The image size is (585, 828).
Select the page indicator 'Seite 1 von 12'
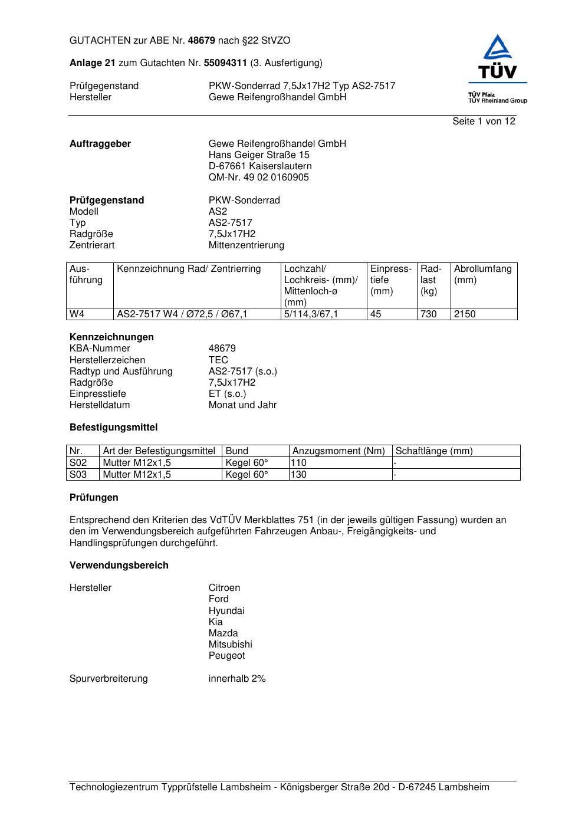click(x=484, y=121)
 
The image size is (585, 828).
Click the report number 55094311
click(x=225, y=63)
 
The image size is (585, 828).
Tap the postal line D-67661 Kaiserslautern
click(x=260, y=166)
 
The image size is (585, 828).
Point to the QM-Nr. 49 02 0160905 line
click(x=258, y=178)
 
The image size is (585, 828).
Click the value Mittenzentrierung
click(x=246, y=245)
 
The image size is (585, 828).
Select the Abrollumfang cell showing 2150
click(x=465, y=314)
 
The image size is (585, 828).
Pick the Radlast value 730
click(x=428, y=314)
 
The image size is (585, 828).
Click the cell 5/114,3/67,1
click(x=311, y=314)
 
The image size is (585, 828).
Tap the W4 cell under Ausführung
click(x=77, y=314)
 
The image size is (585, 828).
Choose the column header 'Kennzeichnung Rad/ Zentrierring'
click(x=189, y=269)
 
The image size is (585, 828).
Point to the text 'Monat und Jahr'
click(x=242, y=405)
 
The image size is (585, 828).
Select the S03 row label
click(x=78, y=474)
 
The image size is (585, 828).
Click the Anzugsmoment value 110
click(x=299, y=463)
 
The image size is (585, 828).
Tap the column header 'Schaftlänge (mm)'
click(x=434, y=451)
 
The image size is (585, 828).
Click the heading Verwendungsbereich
click(x=119, y=566)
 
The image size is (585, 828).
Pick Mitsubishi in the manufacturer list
click(x=230, y=645)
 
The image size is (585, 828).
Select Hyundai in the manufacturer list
click(x=226, y=611)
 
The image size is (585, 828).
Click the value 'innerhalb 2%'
click(x=237, y=679)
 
